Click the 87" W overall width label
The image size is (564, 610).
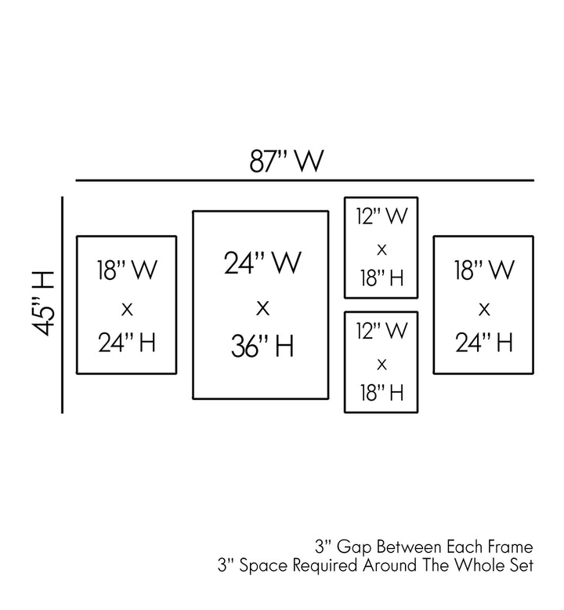(x=287, y=162)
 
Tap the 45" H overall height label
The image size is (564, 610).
(x=45, y=303)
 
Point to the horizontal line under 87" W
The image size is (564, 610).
(x=304, y=181)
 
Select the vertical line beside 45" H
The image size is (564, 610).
(x=62, y=306)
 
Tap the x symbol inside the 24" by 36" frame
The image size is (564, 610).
(x=262, y=307)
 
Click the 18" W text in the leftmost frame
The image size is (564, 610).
(x=127, y=271)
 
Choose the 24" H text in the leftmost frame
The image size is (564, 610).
(x=127, y=343)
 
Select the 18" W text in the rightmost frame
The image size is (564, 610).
(x=483, y=271)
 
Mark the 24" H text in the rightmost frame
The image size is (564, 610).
(x=483, y=343)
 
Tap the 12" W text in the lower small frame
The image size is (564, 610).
(x=381, y=332)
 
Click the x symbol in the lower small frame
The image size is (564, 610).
(x=381, y=364)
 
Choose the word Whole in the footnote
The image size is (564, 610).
(x=479, y=565)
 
